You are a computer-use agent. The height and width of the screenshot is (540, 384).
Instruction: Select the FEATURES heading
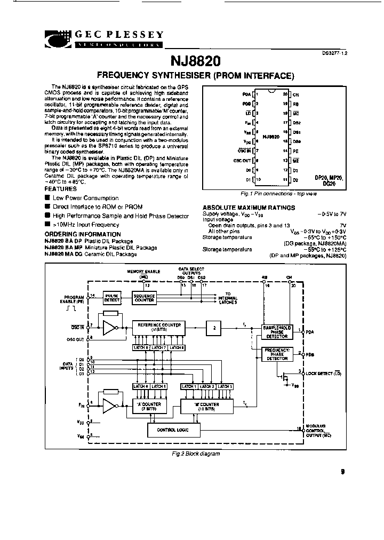[x=60, y=189]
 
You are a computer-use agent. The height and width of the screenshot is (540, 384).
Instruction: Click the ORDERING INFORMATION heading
[x=83, y=234]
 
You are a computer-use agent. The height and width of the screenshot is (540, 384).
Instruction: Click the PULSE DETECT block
[x=112, y=298]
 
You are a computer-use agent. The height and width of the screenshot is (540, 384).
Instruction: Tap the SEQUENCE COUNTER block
[x=144, y=298]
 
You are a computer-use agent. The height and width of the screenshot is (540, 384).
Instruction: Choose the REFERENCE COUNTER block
[x=159, y=327]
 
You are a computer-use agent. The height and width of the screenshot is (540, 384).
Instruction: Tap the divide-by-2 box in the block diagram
[x=214, y=327]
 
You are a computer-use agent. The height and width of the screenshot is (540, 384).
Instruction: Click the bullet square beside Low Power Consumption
[x=47, y=198]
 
